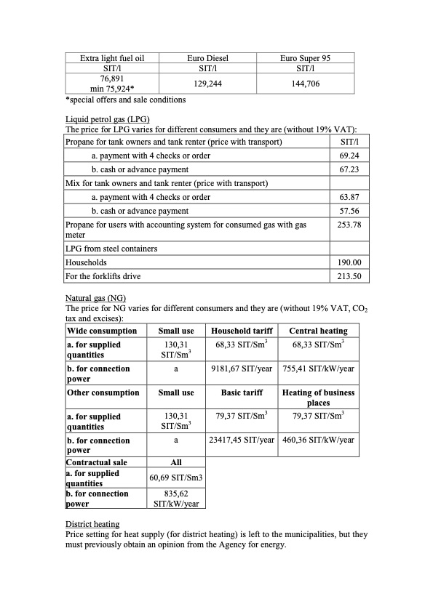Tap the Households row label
tap(86, 262)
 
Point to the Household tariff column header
tap(242, 331)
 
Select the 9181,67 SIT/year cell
tap(242, 369)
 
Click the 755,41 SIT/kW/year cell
tap(319, 369)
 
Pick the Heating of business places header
tap(319, 398)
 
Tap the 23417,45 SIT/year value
tap(242, 440)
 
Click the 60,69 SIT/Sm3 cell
tap(176, 477)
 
